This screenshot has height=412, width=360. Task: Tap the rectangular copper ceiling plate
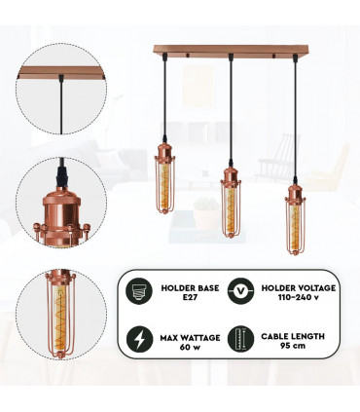coord(230,48)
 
